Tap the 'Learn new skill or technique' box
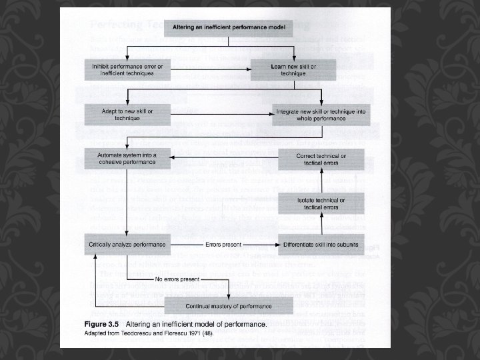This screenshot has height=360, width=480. (x=293, y=70)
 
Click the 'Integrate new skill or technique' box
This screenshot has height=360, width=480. (x=321, y=114)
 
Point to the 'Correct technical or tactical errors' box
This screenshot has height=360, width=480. (x=321, y=159)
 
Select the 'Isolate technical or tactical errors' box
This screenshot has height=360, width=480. (x=321, y=203)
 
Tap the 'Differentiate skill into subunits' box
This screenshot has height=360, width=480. (x=321, y=245)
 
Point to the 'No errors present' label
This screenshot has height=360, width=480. (x=177, y=278)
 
